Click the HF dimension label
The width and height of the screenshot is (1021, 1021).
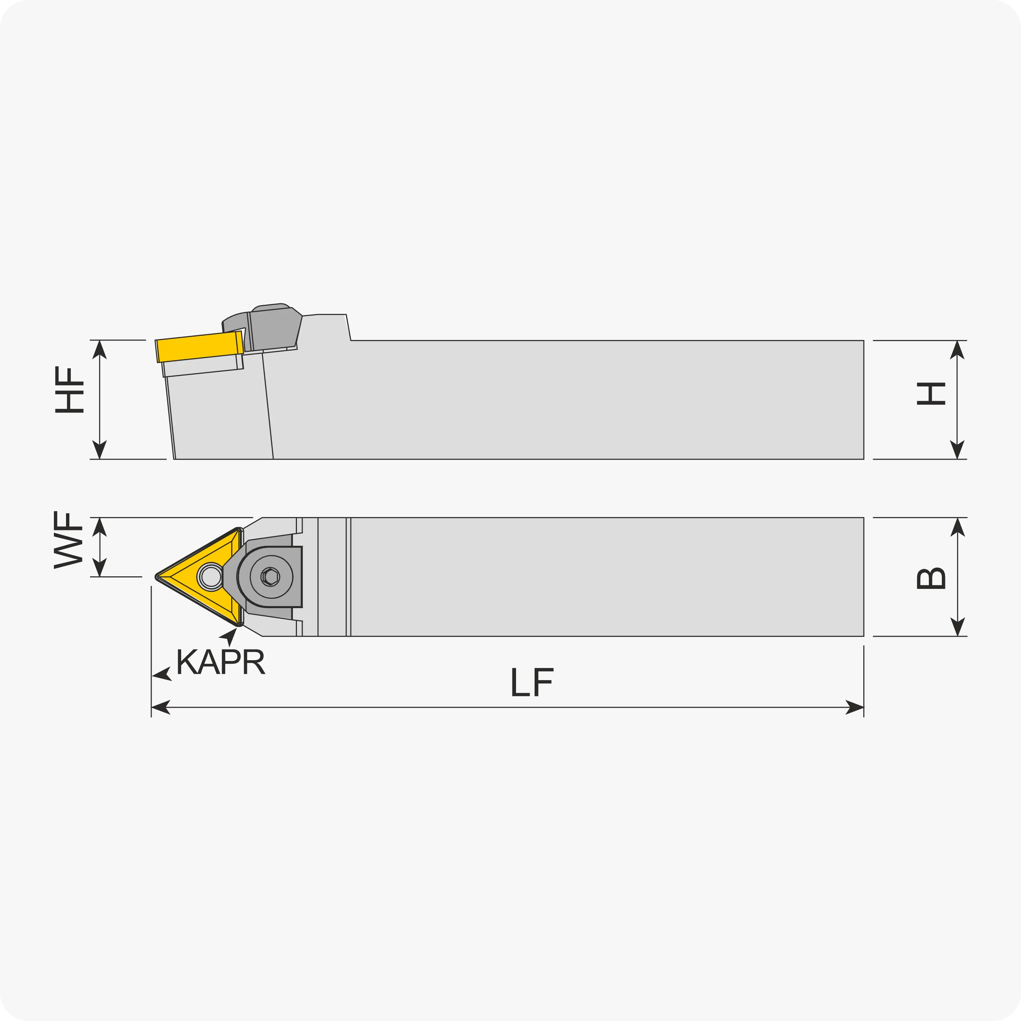point(69,390)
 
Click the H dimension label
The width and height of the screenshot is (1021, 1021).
point(931,393)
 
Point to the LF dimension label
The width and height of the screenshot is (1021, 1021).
point(532,682)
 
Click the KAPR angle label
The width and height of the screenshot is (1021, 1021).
point(221,661)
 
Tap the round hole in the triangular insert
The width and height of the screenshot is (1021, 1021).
point(211,577)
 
